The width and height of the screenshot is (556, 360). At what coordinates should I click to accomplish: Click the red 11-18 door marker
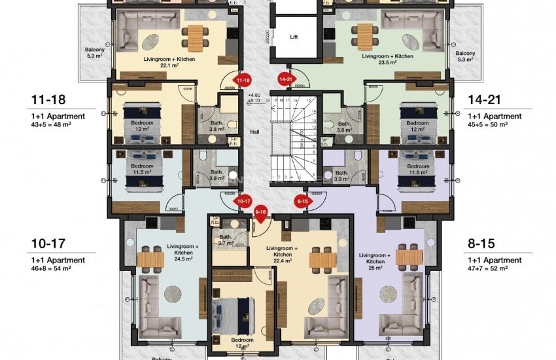243,80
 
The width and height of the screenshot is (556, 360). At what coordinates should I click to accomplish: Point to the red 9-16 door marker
261,211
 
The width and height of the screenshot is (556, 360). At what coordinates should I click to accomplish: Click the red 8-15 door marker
302,201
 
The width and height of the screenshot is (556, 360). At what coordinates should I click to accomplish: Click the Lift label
294,37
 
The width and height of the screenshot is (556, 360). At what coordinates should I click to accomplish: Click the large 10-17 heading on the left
48,244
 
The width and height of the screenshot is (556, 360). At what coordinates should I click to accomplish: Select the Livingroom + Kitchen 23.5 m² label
387,60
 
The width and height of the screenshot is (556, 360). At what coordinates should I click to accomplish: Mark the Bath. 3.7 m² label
226,240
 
